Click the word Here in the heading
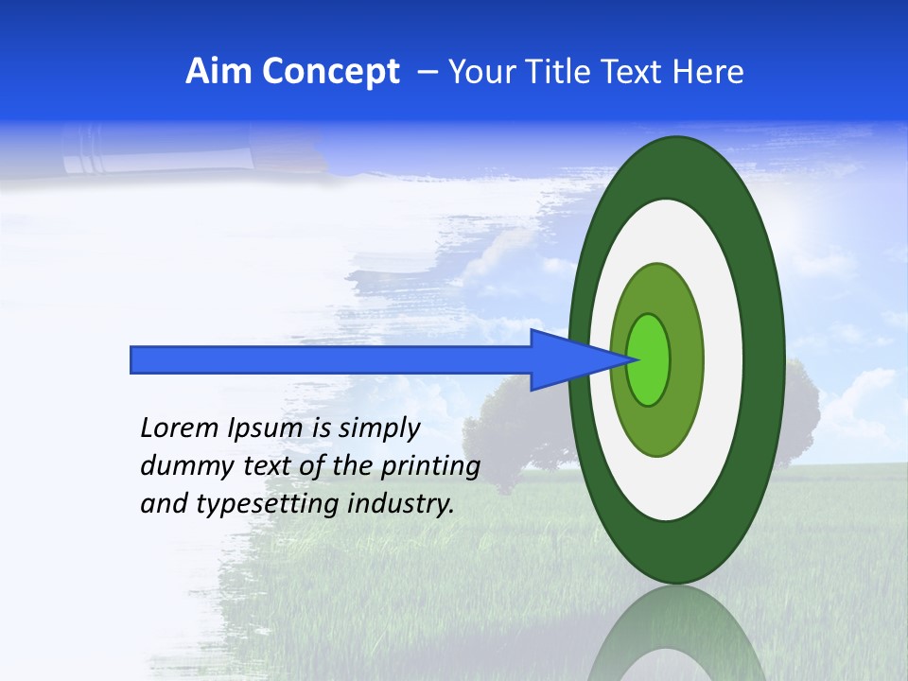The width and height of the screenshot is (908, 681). pos(707,72)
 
